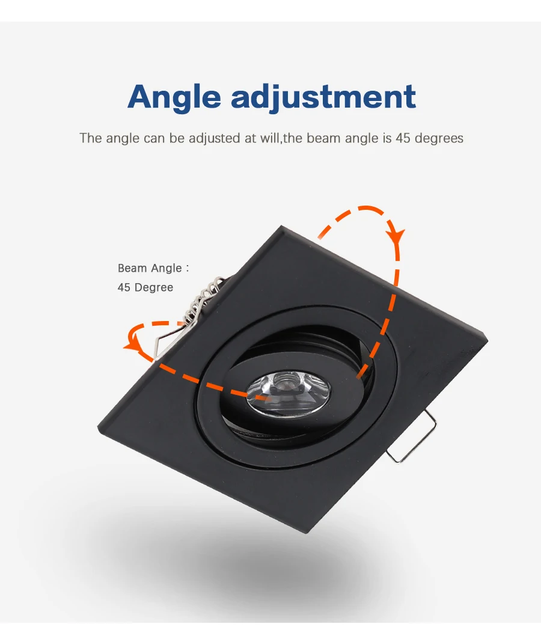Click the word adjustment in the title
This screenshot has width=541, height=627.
[x=323, y=96]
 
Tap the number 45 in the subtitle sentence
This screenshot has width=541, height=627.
[x=402, y=138]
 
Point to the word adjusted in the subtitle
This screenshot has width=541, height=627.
[x=215, y=138]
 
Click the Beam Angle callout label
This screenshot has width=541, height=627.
[x=153, y=268]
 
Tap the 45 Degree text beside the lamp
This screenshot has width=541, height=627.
[x=145, y=287]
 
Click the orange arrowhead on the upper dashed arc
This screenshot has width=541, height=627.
[x=395, y=233]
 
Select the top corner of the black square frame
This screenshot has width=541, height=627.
[x=281, y=227]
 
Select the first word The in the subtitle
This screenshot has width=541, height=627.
[x=91, y=138]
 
